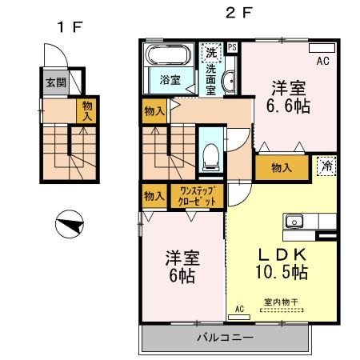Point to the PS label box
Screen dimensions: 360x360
click(232, 47)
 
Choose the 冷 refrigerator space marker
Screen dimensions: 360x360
click(326, 166)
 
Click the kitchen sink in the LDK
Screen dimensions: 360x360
click(293, 221)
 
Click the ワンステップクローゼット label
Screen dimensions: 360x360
click(200, 196)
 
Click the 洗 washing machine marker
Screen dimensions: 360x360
click(210, 54)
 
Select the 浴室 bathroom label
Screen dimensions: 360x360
click(169, 79)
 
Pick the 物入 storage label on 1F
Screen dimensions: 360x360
click(86, 111)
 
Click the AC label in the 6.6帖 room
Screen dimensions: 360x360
click(323, 60)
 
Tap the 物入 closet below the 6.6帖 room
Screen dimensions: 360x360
click(280, 168)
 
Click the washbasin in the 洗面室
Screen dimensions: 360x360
click(228, 80)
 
